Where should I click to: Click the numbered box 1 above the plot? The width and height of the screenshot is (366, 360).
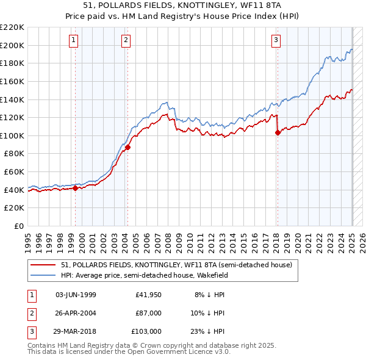73,41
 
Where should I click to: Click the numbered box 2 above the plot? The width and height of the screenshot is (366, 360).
125,41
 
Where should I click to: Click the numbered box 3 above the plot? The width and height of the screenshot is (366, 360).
276,41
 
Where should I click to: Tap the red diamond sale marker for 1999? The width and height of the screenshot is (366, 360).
75,188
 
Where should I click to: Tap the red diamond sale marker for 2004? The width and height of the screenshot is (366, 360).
127,147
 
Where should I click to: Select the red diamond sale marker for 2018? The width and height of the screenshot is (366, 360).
278,132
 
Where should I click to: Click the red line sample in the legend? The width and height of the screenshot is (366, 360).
43,265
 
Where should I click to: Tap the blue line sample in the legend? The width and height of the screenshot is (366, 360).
43,275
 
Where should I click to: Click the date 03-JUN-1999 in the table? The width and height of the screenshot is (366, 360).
76,295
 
